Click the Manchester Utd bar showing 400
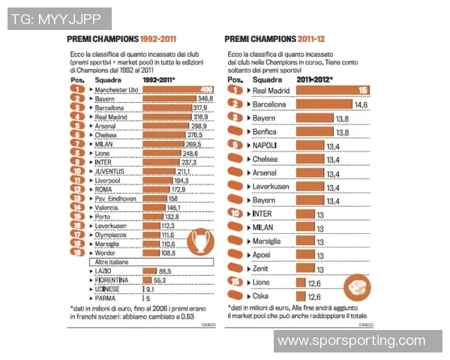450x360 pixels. (178, 90)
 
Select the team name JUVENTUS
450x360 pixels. (112, 171)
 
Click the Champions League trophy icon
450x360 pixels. (199, 241)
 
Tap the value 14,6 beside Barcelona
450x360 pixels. (361, 104)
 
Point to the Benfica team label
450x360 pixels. (266, 132)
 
